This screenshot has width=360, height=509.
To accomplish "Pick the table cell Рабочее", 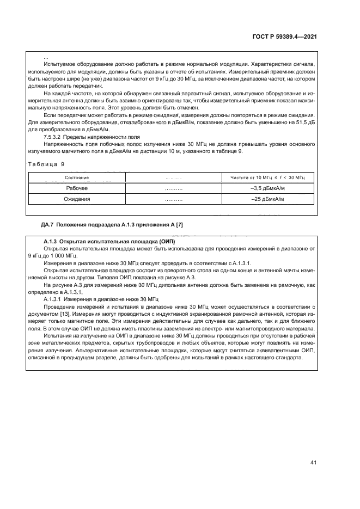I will (77, 188).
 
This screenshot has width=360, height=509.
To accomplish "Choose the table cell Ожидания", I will (77, 199).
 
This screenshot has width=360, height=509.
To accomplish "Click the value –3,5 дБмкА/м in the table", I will (268, 188).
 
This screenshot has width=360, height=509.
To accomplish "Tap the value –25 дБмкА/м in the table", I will (268, 199).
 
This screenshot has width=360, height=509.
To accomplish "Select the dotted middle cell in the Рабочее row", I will (173, 188).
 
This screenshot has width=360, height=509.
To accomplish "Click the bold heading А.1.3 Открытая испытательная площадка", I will (109, 241).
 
